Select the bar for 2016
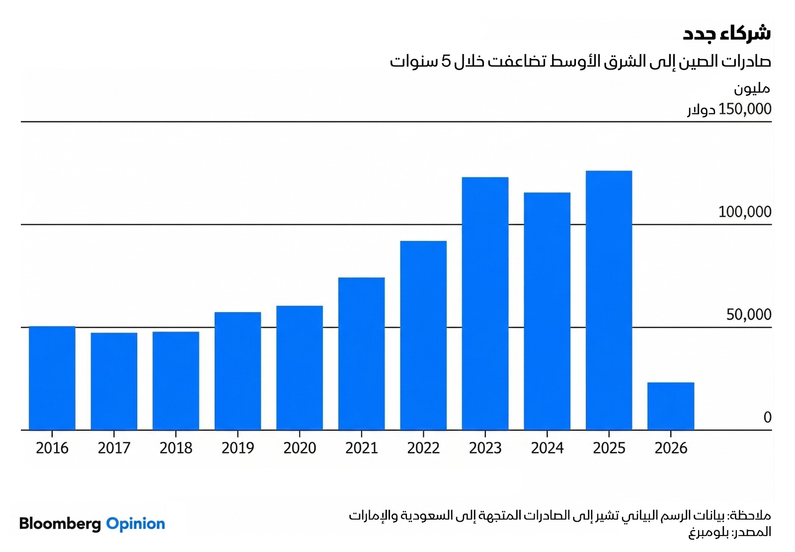[52, 378]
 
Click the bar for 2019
[238, 371]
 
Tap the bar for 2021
[361, 354]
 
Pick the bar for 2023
[485, 303]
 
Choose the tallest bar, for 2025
[609, 300]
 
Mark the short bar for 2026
[671, 406]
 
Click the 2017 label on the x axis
[114, 448]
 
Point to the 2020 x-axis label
[300, 448]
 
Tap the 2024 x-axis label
[547, 448]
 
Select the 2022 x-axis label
[423, 448]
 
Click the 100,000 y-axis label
[744, 212]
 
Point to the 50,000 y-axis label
[748, 315]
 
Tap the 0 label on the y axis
[767, 417]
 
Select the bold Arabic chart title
[726, 33]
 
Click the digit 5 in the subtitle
[446, 61]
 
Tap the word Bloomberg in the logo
[60, 524]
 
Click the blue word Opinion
[136, 524]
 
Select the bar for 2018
[176, 380]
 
